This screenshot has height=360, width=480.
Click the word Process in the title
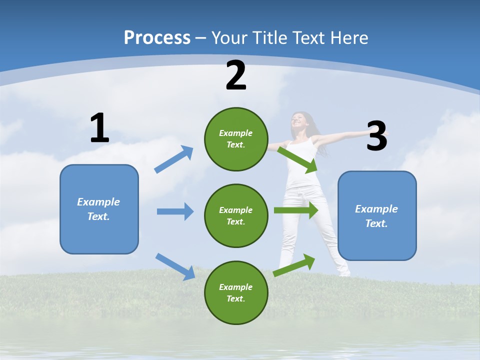(157, 37)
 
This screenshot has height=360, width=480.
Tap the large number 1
(99, 128)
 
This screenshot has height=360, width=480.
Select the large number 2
(236, 76)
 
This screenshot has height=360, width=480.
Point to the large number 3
(377, 136)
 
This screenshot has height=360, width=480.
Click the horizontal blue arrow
(175, 211)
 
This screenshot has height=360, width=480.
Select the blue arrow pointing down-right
(175, 266)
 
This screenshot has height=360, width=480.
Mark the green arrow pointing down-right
(298, 160)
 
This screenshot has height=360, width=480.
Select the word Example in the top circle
(236, 133)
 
